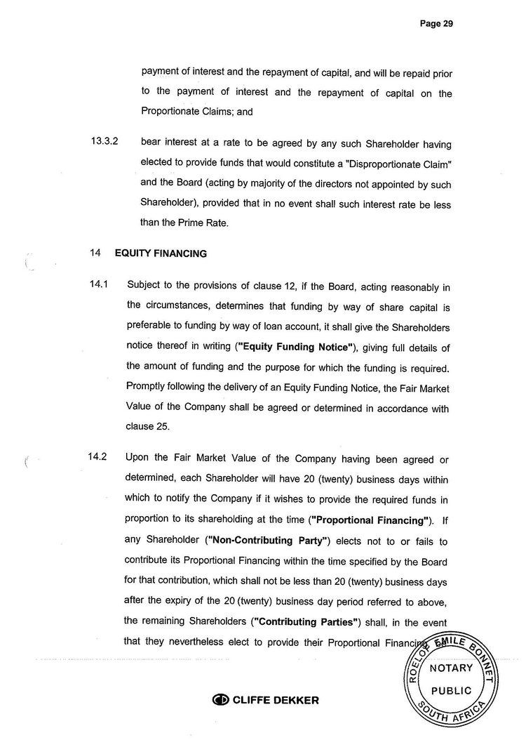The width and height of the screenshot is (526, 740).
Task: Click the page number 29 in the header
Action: coord(447,23)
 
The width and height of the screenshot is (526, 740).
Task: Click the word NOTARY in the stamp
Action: coord(450,668)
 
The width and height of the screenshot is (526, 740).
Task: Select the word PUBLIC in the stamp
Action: coord(451,690)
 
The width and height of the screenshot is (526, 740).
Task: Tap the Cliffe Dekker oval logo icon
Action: coord(220,700)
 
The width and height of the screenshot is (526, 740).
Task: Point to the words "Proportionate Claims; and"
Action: coord(196,111)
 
